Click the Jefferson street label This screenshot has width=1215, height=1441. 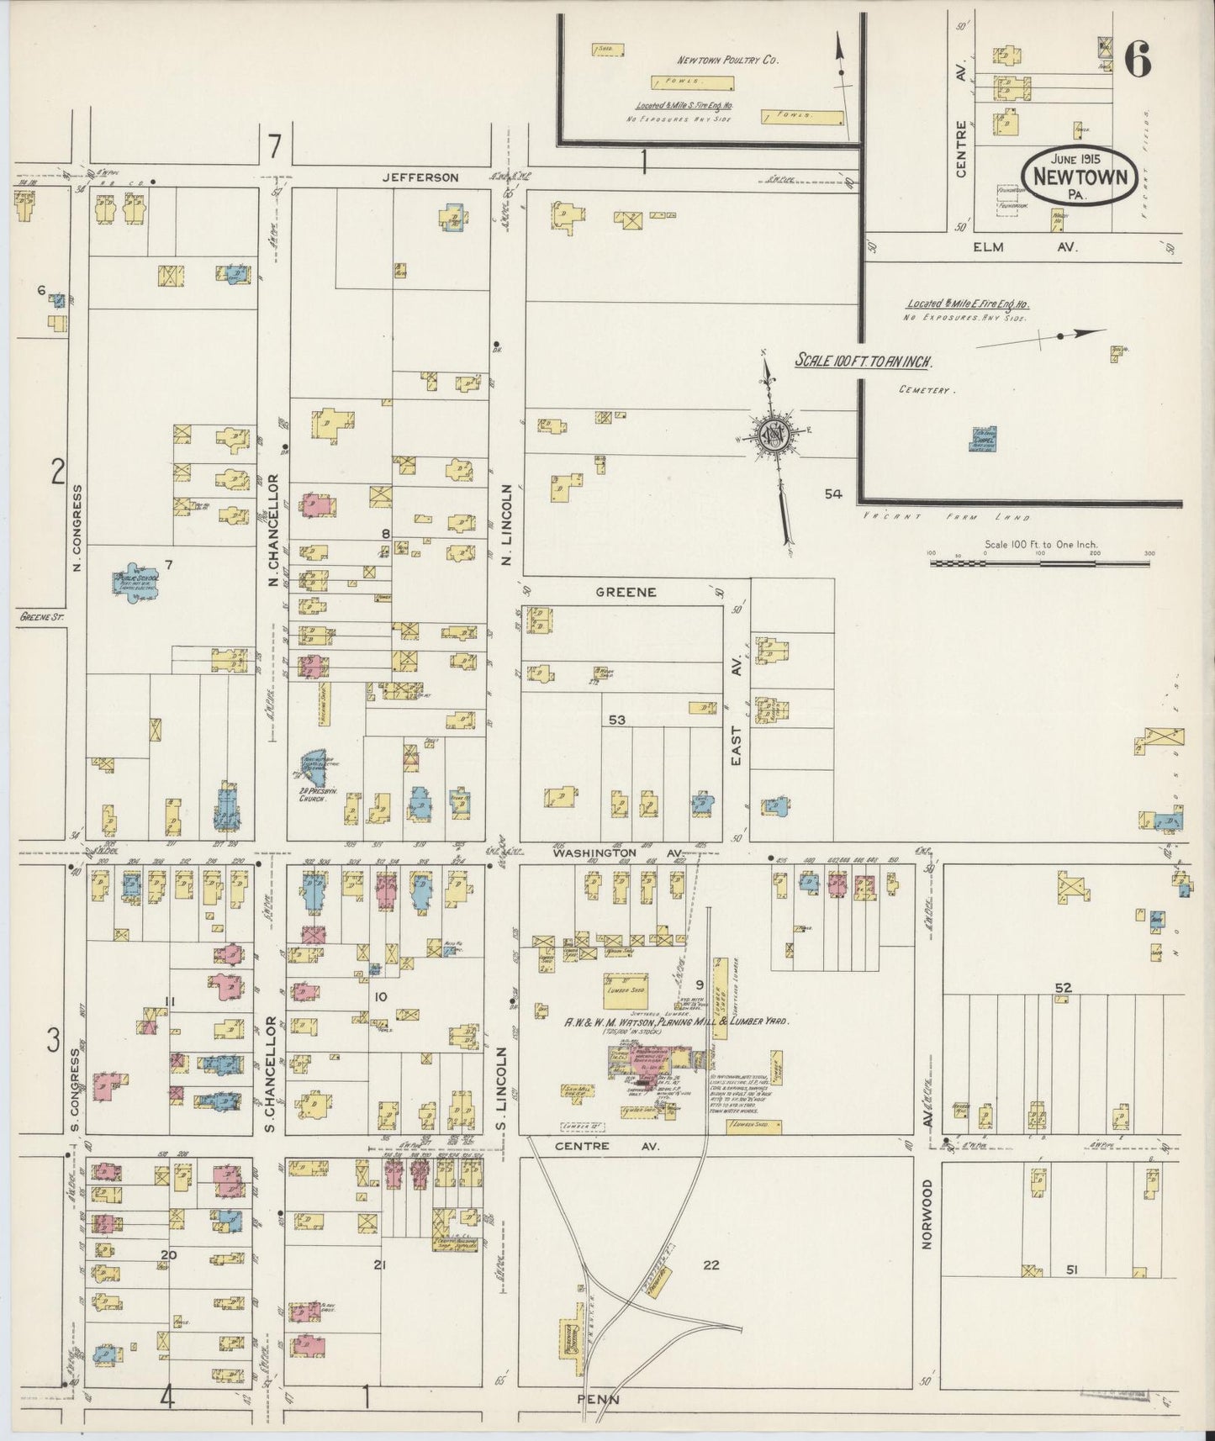[x=420, y=177]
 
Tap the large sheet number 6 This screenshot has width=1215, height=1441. [x=1136, y=59]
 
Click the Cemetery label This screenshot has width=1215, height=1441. [x=923, y=391]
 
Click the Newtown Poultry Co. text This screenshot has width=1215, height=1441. [x=729, y=61]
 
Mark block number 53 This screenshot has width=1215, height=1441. [x=617, y=720]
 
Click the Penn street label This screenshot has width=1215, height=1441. [x=598, y=1399]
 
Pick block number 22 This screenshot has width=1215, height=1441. [x=711, y=1264]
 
